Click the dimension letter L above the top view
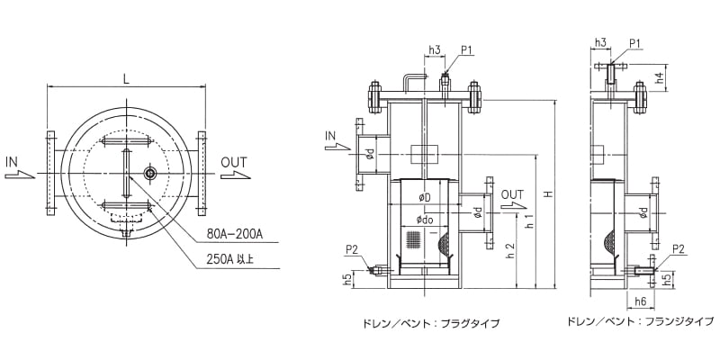(126, 79)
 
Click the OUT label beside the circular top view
(233, 162)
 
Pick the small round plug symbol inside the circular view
(149, 173)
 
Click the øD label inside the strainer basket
(424, 197)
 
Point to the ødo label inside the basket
(424, 219)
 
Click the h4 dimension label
(659, 78)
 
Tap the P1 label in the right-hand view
(634, 42)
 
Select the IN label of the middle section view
(331, 136)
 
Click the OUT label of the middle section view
(512, 193)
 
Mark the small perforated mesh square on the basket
(415, 240)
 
